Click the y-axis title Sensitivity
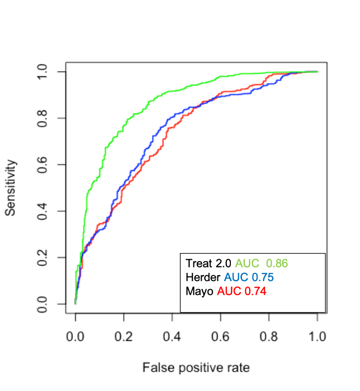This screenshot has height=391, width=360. pyautogui.click(x=11, y=188)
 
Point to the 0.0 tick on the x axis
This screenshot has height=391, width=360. pyautogui.click(x=75, y=338)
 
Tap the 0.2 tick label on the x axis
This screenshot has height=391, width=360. pyautogui.click(x=124, y=338)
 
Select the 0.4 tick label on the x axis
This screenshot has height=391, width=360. pyautogui.click(x=172, y=338)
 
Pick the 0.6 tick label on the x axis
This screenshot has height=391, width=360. pyautogui.click(x=221, y=338)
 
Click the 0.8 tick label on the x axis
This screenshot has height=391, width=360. pyautogui.click(x=269, y=338)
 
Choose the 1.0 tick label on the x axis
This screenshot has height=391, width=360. pyautogui.click(x=317, y=338)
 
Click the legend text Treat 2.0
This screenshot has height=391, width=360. pyautogui.click(x=208, y=264)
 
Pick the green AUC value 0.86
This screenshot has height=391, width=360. pyautogui.click(x=277, y=264)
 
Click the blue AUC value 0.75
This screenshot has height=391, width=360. pyautogui.click(x=262, y=277)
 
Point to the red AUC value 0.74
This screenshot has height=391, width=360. pyautogui.click(x=255, y=291)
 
